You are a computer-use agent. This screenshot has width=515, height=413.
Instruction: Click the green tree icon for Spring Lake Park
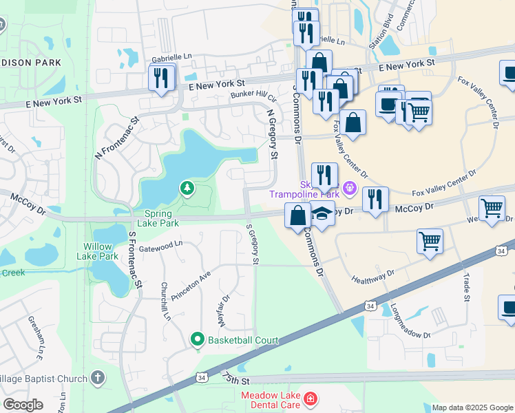point(187,187)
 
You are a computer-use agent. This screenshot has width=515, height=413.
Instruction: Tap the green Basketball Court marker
point(198,340)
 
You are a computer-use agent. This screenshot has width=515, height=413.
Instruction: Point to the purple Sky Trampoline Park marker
point(349,187)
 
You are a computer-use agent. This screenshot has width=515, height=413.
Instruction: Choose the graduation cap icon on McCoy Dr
point(321,214)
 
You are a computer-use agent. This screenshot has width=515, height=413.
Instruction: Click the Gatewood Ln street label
point(160,244)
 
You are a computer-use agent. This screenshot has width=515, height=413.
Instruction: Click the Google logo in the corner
point(23,405)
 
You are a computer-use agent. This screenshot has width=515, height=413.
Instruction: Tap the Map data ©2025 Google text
point(472,407)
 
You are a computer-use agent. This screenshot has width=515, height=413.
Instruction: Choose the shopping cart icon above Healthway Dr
point(430,242)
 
